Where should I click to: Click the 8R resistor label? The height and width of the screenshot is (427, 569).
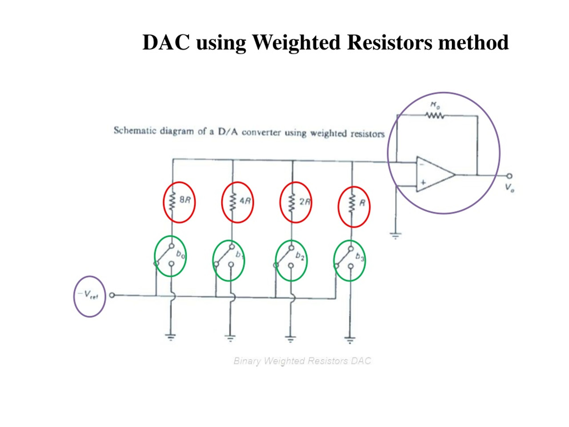[185, 200]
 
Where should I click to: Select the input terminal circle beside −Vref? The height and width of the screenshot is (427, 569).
[112, 295]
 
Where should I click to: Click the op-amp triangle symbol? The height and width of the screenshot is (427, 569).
[435, 175]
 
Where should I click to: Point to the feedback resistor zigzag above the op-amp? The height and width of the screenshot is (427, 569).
[435, 116]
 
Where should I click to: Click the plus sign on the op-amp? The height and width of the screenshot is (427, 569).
[423, 183]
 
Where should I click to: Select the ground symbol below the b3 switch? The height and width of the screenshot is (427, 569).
[350, 340]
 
